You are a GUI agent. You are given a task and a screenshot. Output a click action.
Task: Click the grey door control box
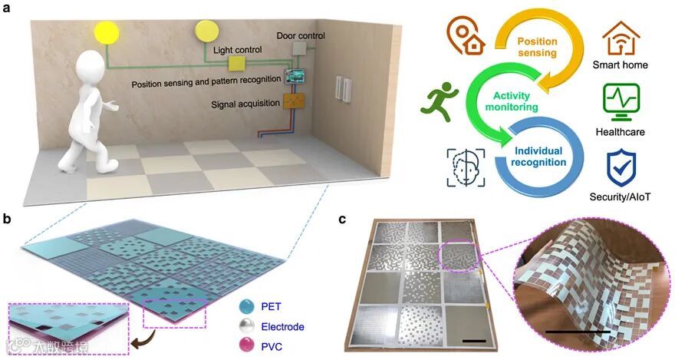[x=299, y=48]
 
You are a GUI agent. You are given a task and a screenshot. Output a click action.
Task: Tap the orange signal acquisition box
[x=293, y=101]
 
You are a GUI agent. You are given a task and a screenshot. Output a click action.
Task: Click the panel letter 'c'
[x=343, y=220]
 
